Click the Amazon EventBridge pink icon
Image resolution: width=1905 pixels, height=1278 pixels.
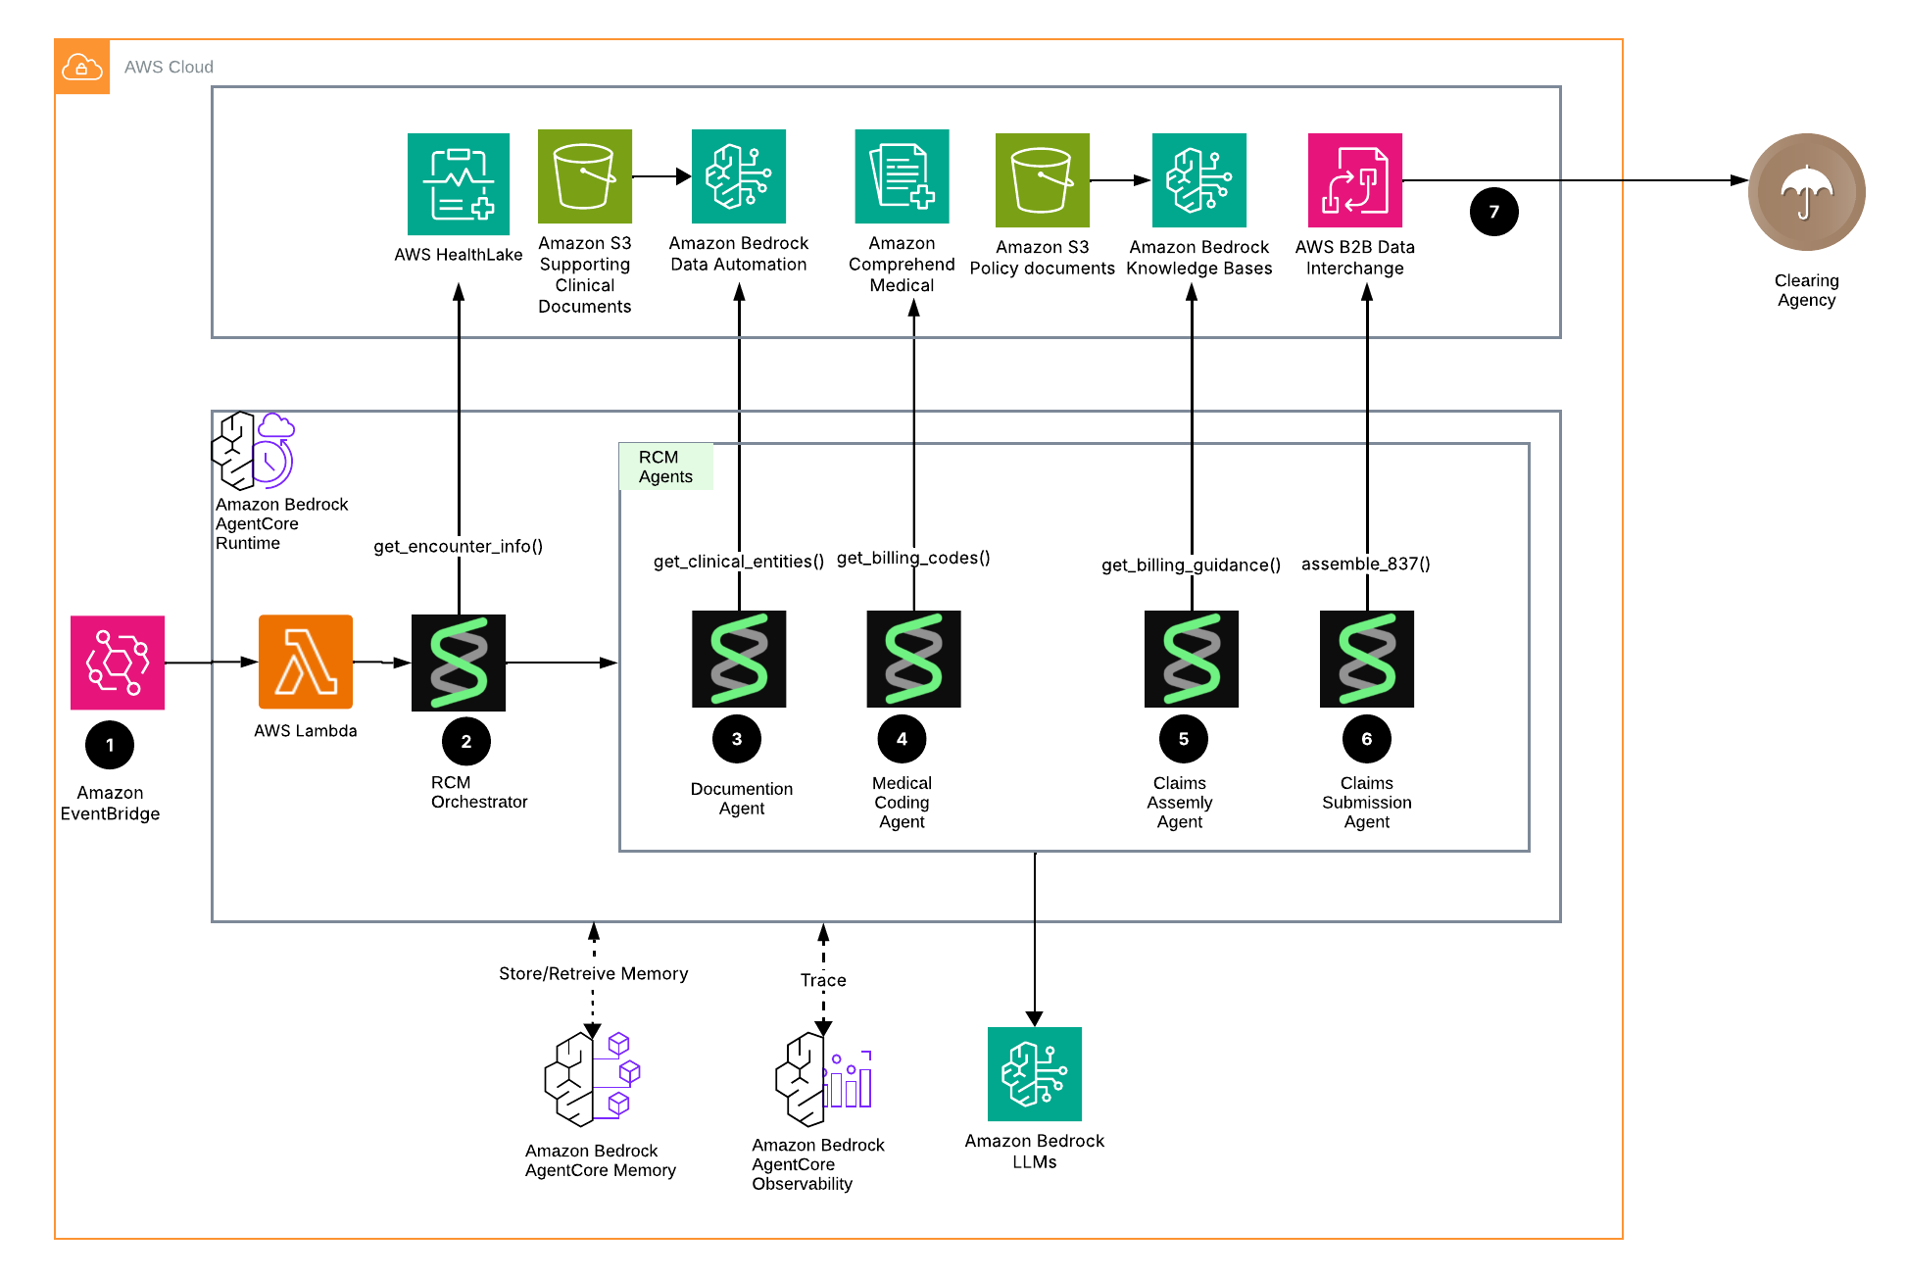[118, 663]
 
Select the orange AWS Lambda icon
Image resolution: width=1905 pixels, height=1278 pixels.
[305, 662]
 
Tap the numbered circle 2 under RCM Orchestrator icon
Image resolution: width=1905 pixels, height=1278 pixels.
[466, 742]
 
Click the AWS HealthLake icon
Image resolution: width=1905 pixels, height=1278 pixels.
[458, 184]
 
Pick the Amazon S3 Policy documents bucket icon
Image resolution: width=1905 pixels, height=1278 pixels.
[1042, 180]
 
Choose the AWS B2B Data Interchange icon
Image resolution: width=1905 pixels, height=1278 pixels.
[1354, 180]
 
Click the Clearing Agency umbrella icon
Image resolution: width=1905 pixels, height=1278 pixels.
[1806, 192]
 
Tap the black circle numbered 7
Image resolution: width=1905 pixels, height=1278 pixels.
[1493, 212]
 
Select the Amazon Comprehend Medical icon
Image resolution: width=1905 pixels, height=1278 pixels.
[902, 176]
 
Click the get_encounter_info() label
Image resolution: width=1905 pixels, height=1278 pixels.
[458, 546]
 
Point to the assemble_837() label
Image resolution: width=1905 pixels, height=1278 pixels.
[1365, 564]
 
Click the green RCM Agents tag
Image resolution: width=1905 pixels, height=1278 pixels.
[665, 467]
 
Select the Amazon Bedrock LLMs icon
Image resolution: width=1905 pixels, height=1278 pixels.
[1034, 1074]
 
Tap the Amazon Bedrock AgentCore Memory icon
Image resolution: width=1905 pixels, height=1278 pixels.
[592, 1079]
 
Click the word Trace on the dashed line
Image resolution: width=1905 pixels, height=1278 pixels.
[822, 980]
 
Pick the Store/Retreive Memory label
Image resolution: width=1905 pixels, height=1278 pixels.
[593, 973]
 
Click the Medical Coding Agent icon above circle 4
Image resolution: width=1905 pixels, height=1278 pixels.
[913, 659]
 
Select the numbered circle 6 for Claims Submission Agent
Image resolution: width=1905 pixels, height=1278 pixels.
[1366, 739]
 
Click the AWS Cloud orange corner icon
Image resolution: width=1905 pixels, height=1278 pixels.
[82, 67]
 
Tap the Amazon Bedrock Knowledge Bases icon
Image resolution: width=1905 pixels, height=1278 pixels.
[1198, 180]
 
